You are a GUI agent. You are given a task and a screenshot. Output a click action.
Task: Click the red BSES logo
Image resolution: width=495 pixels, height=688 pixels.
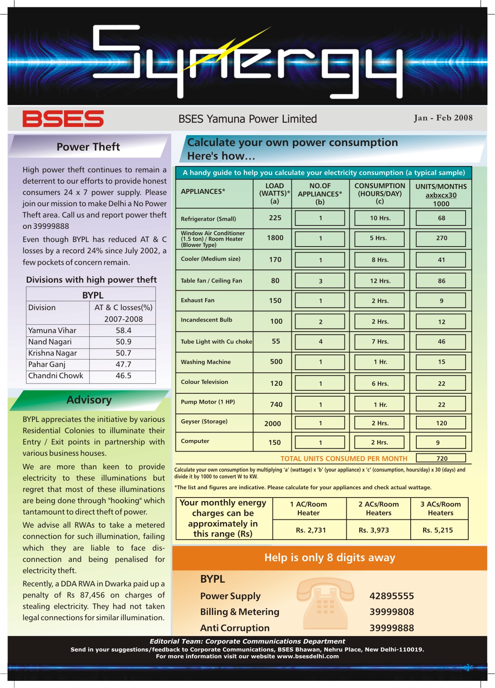(x=63, y=119)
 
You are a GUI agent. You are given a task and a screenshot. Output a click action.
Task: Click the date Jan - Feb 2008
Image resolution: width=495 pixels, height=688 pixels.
(x=443, y=118)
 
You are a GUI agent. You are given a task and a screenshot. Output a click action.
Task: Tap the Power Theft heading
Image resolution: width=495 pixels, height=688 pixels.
(x=88, y=147)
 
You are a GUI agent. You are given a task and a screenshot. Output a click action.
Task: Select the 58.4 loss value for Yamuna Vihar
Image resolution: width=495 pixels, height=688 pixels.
(x=123, y=330)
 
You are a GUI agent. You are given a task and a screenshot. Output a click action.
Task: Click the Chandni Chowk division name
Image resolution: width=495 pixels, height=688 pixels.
(x=56, y=376)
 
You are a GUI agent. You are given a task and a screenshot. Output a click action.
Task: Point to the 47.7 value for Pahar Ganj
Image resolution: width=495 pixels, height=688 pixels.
(x=123, y=364)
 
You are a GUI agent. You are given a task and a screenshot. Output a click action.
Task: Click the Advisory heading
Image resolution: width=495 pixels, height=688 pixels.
(x=89, y=400)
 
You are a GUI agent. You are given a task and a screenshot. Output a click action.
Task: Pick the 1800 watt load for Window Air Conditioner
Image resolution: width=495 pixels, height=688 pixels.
(x=275, y=238)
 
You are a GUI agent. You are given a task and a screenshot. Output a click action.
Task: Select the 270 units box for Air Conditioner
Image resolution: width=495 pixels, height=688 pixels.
(x=441, y=238)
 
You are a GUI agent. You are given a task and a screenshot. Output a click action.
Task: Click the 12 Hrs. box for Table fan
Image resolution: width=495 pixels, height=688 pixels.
(x=380, y=281)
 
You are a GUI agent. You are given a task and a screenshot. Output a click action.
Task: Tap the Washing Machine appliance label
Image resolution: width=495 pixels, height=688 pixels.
(x=206, y=362)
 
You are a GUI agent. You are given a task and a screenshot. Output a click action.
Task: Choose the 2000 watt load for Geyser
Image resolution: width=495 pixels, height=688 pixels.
(x=273, y=424)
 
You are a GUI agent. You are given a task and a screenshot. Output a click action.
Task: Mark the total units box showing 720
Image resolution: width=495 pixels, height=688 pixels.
(x=441, y=458)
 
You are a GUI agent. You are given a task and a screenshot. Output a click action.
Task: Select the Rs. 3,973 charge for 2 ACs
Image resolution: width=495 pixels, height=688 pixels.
(x=373, y=530)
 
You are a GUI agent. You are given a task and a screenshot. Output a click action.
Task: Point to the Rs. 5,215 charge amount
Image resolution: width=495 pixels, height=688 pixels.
(x=437, y=530)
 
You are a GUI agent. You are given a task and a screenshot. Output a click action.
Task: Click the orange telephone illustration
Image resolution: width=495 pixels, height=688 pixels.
(x=325, y=603)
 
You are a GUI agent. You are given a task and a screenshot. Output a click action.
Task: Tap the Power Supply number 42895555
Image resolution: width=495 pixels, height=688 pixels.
(x=391, y=596)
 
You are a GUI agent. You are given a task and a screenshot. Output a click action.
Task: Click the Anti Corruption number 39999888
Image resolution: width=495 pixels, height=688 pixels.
(x=391, y=628)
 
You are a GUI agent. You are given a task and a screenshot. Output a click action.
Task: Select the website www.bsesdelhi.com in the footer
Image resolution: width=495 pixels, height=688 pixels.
(x=308, y=656)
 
